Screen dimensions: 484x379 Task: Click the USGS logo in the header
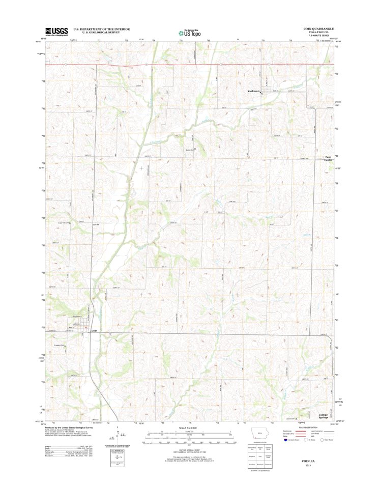pyautogui.click(x=56, y=31)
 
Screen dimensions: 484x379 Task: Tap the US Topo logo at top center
pyautogui.click(x=189, y=32)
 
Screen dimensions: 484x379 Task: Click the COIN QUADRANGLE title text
pyautogui.click(x=318, y=29)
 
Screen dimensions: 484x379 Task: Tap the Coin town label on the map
pyautogui.click(x=94, y=331)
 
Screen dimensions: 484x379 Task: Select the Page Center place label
pyautogui.click(x=329, y=159)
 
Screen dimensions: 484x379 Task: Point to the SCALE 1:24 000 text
pyautogui.click(x=189, y=428)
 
